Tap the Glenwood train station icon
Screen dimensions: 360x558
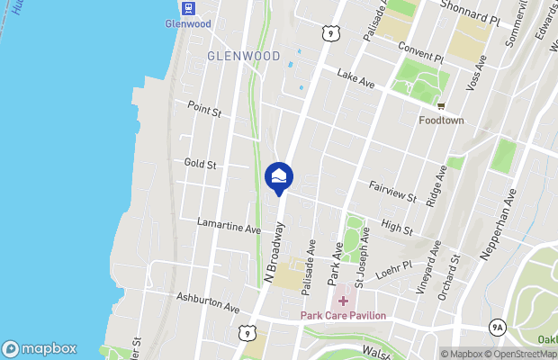pos(188,8)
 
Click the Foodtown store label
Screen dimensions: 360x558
pos(441,119)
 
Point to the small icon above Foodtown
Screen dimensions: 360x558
pos(441,104)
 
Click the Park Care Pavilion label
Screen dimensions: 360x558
pos(343,315)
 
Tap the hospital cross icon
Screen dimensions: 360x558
pos(343,299)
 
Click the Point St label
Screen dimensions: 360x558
pos(204,110)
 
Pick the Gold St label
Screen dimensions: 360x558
pos(200,164)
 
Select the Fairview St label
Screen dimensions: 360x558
pos(392,191)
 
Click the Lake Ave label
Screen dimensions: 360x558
pos(355,80)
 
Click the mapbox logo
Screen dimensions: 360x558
pos(40,349)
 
